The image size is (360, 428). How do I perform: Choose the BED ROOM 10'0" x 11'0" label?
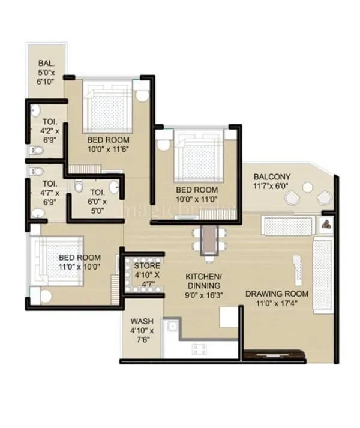click(x=196, y=194)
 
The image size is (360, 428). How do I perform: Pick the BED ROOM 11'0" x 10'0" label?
click(x=79, y=262)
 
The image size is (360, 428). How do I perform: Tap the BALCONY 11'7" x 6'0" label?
click(x=272, y=181)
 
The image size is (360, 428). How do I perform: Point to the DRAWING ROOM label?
click(x=277, y=298)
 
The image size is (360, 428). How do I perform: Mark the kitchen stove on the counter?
click(x=199, y=349)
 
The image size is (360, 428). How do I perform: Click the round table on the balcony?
click(x=307, y=188)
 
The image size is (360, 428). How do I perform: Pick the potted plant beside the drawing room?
click(x=326, y=225)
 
